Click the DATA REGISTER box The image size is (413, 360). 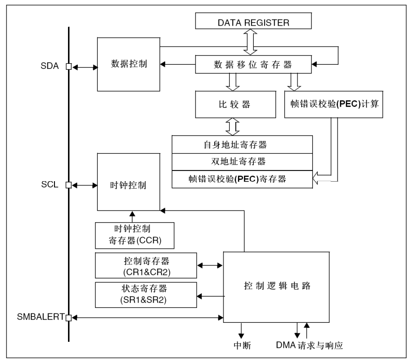253,22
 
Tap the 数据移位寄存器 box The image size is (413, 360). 252,64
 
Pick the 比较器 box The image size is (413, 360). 237,104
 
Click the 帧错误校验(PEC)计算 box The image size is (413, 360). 334,104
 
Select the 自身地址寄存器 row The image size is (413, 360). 241,144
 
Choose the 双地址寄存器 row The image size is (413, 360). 241,162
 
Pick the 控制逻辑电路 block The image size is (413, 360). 278,287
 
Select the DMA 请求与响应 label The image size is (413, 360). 310,346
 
